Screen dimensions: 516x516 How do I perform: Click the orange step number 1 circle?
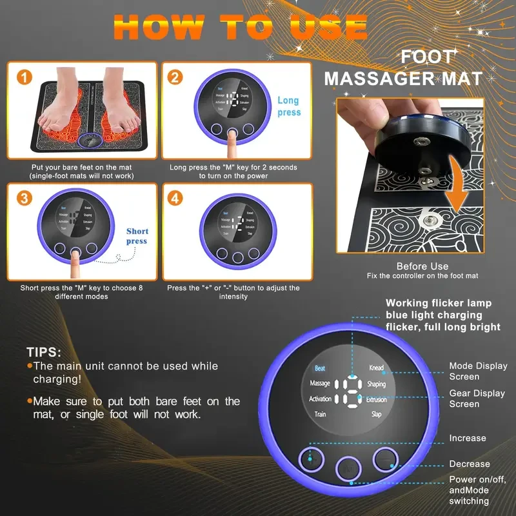(x=24, y=78)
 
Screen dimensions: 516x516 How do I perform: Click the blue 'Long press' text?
(x=288, y=106)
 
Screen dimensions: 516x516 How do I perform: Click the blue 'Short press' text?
(x=137, y=236)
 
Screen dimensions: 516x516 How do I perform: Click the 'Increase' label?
(x=468, y=438)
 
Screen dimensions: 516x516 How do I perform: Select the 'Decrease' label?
(x=470, y=464)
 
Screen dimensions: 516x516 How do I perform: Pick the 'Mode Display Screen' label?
(x=478, y=371)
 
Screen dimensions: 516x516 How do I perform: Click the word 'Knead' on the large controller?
(x=376, y=368)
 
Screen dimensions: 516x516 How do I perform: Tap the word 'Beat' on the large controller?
(x=319, y=368)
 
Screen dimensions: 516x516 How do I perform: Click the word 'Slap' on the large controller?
(x=377, y=415)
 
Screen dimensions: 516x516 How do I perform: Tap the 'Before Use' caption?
(x=422, y=266)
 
